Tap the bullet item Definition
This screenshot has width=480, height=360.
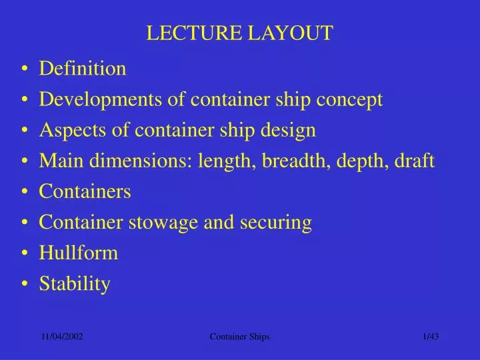(83, 68)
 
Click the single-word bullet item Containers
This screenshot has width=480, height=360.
(85, 191)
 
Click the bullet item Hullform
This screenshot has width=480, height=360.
(78, 253)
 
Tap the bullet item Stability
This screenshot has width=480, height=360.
(75, 284)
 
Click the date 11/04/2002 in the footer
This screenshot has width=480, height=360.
(62, 337)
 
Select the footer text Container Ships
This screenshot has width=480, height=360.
(239, 337)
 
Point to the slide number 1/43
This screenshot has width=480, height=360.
(431, 337)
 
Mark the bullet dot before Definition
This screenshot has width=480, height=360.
(25, 69)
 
